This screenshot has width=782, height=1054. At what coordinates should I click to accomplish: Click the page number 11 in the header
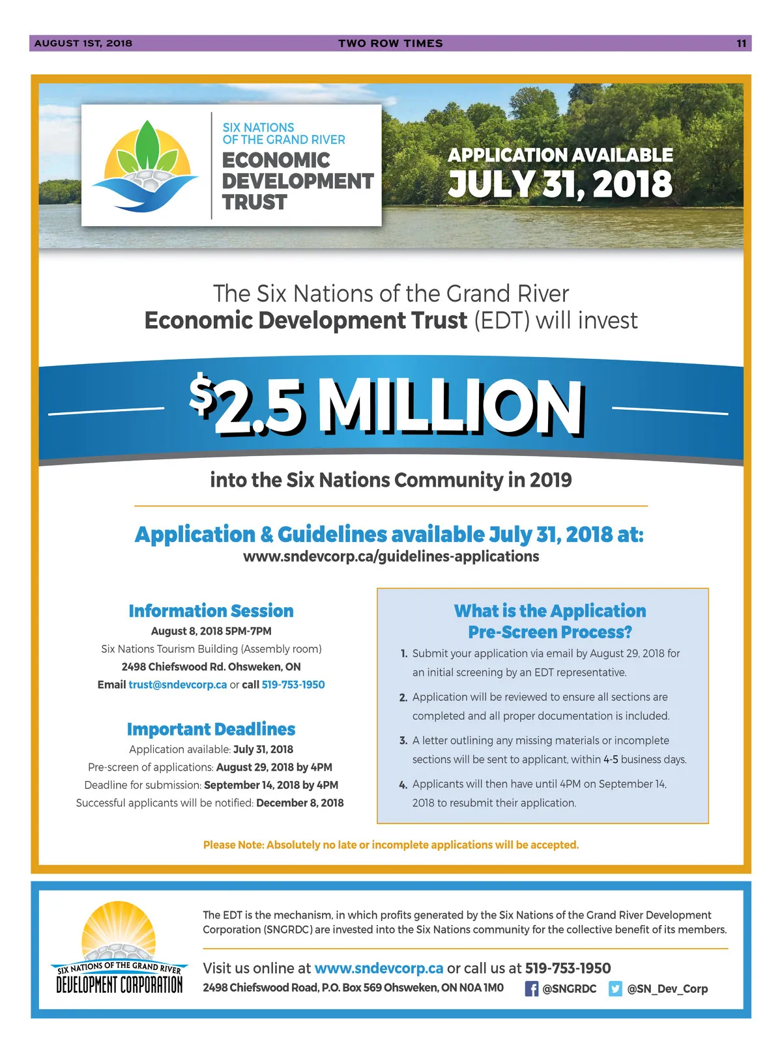point(741,44)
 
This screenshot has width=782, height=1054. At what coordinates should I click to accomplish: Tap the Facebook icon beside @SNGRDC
point(532,989)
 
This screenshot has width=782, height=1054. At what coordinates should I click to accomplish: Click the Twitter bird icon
point(615,989)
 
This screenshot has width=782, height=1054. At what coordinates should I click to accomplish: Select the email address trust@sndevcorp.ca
point(178,685)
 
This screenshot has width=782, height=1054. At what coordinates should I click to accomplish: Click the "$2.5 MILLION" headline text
point(387,407)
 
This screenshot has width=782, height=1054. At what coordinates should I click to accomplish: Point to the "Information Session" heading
point(211,611)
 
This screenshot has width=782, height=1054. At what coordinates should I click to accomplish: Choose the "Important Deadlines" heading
point(211,729)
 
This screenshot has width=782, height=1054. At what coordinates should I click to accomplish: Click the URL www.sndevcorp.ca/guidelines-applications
point(391,556)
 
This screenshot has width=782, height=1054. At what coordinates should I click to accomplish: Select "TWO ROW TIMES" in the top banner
point(390,44)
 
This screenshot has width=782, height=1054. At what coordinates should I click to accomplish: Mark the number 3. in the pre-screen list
point(403,741)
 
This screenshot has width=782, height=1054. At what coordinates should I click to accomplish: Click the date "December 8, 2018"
point(300,803)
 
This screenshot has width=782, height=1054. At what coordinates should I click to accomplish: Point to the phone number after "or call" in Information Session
point(293,685)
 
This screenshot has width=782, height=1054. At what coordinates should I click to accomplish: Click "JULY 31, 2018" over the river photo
point(560,184)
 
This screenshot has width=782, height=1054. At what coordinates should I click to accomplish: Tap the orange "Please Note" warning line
point(391,845)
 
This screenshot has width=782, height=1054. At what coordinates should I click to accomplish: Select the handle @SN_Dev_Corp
point(667,989)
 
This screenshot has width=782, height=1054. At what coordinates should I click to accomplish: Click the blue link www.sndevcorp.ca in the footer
point(379,969)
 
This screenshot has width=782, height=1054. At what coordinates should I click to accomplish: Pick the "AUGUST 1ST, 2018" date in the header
point(83,44)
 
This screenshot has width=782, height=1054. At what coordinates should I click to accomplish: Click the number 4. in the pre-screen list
point(403,785)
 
